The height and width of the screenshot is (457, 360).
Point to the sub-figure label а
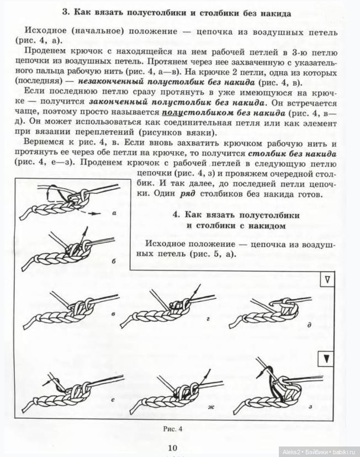113,212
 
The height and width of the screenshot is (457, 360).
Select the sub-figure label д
309,325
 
